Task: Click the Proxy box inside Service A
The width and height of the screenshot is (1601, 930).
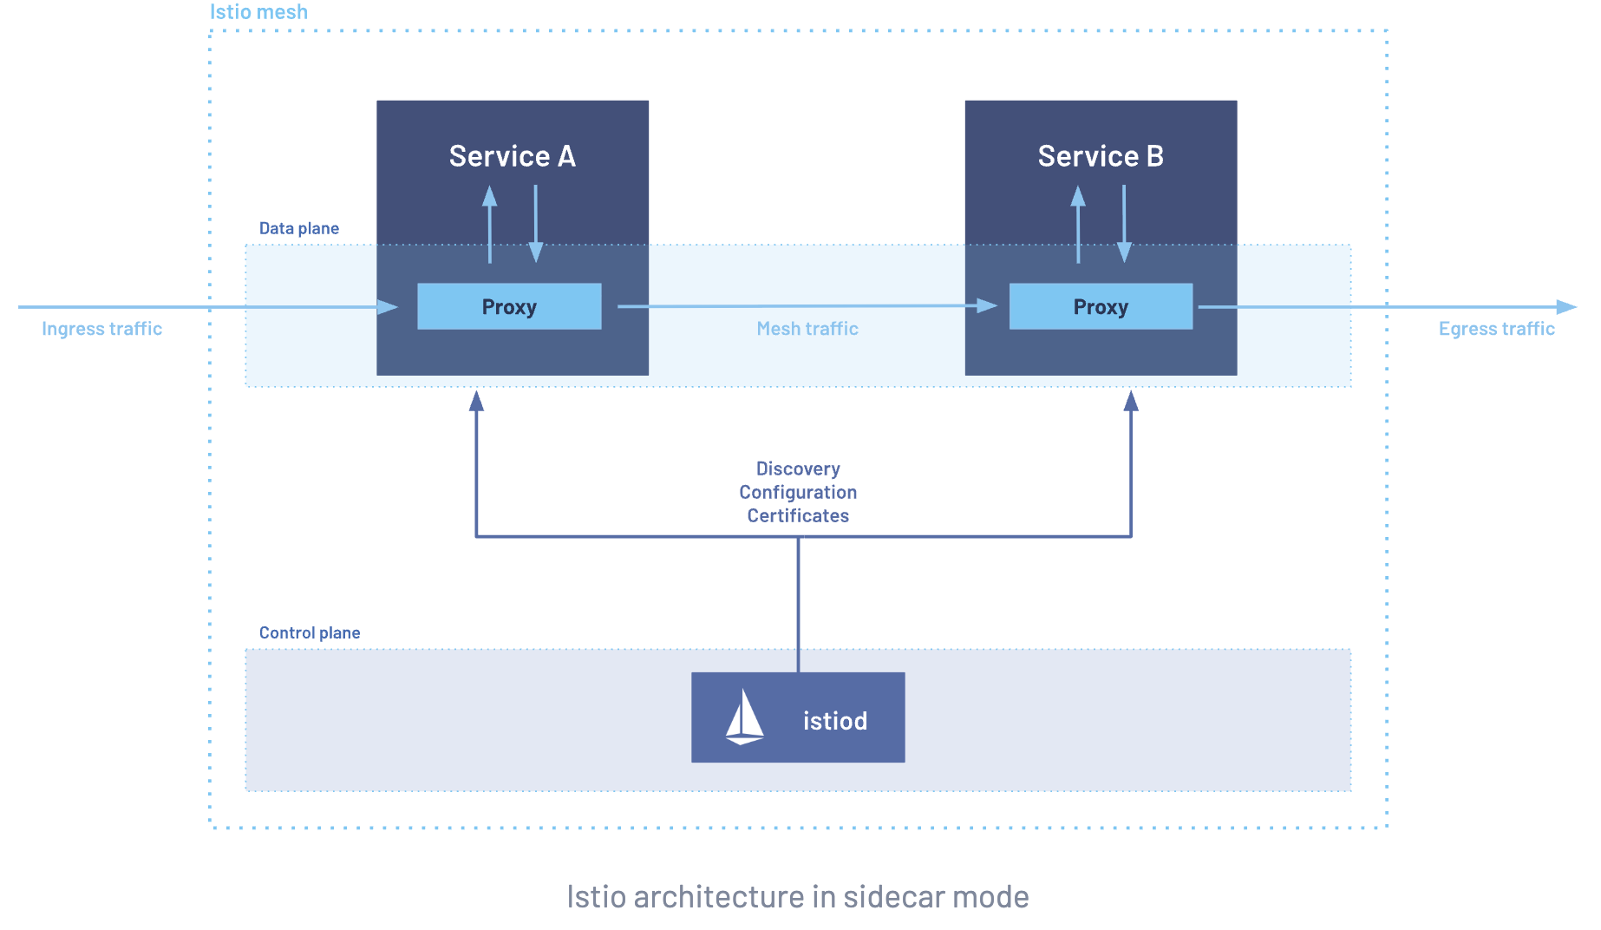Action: click(x=509, y=306)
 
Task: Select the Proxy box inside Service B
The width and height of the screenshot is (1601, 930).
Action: click(x=1101, y=306)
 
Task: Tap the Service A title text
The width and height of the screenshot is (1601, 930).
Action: click(x=512, y=156)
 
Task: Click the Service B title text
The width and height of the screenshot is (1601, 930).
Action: click(x=1101, y=156)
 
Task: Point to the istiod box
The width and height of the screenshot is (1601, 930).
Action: click(x=798, y=717)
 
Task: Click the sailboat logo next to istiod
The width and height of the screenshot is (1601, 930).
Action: click(x=744, y=717)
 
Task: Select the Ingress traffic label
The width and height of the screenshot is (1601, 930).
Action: click(x=101, y=329)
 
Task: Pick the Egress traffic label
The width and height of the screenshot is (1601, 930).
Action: click(x=1496, y=329)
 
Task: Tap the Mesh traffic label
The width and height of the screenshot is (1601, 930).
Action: click(x=807, y=329)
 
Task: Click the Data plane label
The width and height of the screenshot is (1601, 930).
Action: click(x=298, y=228)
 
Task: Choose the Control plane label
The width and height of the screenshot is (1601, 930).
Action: click(x=309, y=632)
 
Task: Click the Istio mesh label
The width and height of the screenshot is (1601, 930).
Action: click(x=258, y=12)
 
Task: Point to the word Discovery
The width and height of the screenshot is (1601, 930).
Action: click(x=798, y=468)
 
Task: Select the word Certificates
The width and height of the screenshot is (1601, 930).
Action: click(x=798, y=515)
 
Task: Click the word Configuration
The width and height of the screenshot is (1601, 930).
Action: click(x=798, y=492)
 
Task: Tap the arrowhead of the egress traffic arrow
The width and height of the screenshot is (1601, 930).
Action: click(x=1566, y=307)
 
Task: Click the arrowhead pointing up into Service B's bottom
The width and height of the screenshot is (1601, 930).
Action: click(x=1131, y=401)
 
